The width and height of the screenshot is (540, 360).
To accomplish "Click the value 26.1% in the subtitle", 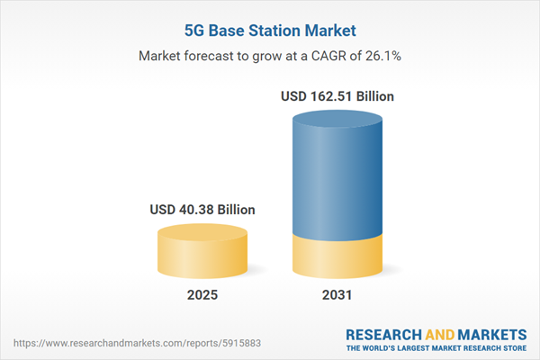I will tap(382, 56).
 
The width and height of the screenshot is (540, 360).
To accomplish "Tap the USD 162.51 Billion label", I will tap(338, 95).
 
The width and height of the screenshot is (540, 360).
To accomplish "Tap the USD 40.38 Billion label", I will tap(202, 210).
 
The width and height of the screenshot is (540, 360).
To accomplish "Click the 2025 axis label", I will tap(202, 295).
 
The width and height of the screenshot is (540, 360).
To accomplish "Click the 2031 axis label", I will tap(338, 295).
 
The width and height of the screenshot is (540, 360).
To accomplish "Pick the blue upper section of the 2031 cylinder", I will tap(338, 180).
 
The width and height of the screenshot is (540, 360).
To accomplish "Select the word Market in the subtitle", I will tap(161, 56).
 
